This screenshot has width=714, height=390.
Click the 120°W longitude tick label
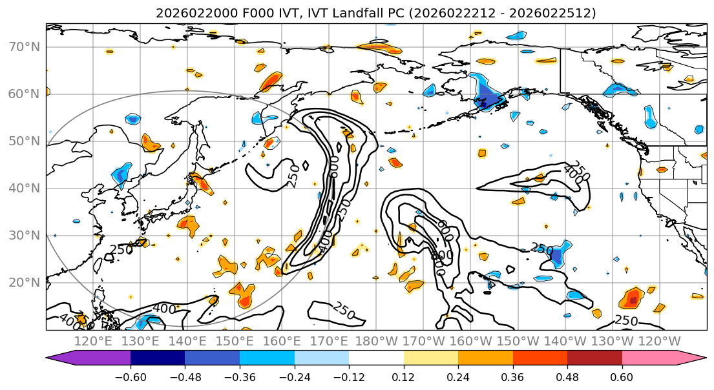659,341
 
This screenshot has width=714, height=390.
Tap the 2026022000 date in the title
187,13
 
